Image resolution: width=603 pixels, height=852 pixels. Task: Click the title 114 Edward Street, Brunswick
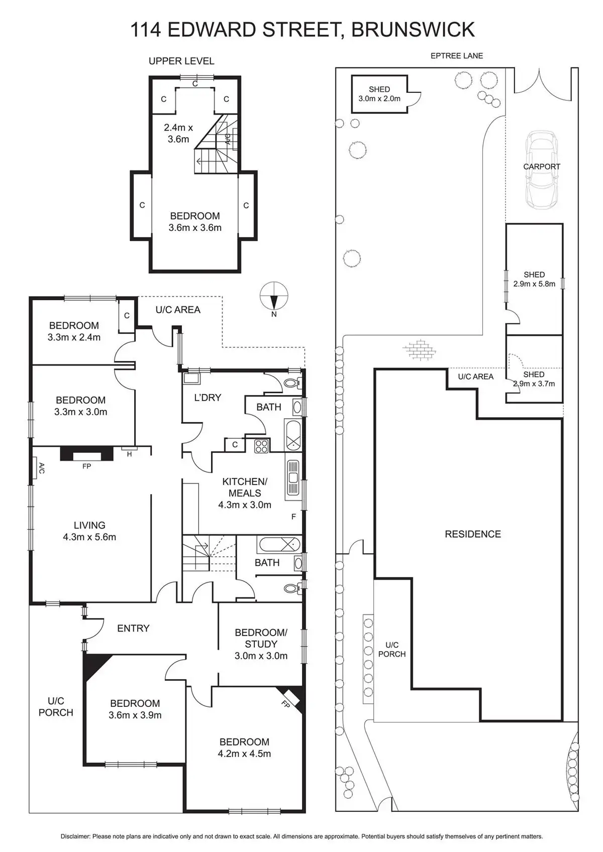[302, 30]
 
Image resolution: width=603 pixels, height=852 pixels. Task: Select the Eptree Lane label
[456, 56]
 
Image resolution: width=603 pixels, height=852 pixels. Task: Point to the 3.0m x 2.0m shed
[379, 94]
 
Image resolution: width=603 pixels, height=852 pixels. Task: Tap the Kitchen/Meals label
[245, 487]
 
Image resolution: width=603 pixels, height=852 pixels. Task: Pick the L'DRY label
[208, 398]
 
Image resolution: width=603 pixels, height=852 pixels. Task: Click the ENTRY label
[133, 628]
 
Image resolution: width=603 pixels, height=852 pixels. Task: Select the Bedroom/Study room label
[261, 638]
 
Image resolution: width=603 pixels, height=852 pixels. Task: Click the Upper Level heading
[181, 61]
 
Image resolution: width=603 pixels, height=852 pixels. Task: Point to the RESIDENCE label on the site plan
[473, 534]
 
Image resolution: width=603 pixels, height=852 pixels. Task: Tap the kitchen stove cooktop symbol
[261, 445]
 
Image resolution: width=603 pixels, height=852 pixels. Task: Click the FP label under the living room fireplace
[86, 466]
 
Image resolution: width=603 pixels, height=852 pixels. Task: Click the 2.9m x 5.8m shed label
[534, 279]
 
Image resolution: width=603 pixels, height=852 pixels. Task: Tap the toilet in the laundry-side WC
[291, 384]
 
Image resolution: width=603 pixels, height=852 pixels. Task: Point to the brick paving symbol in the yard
[419, 349]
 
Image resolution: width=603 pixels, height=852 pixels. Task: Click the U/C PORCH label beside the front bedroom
[56, 706]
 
